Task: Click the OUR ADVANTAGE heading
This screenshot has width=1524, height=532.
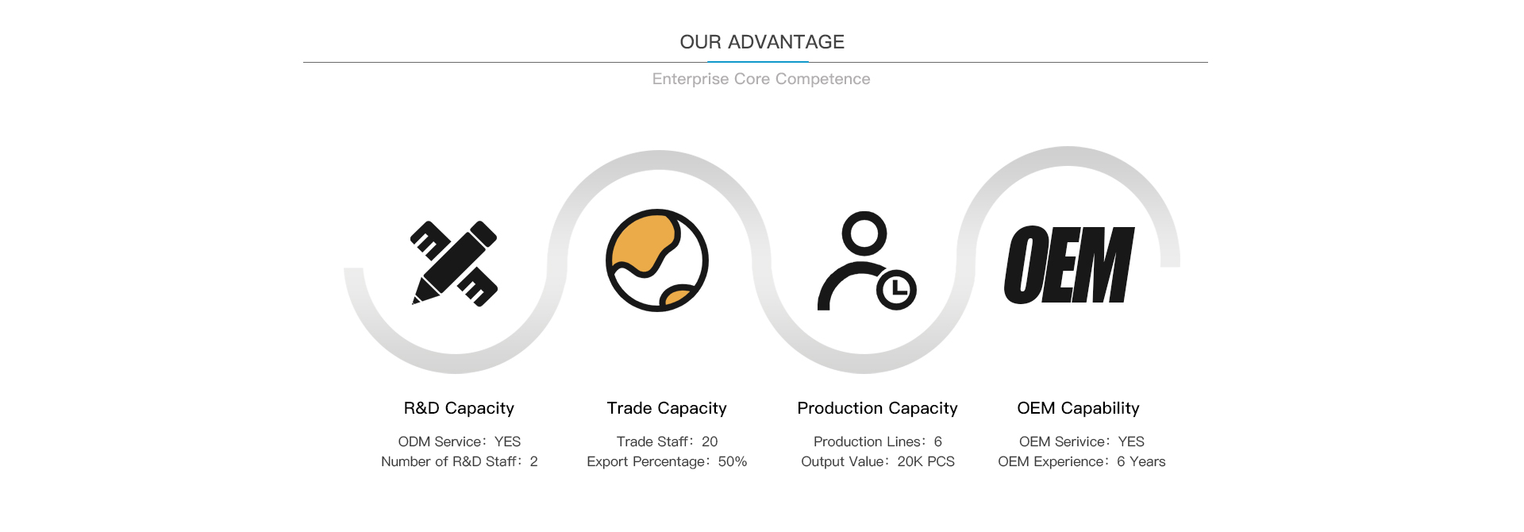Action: point(762,42)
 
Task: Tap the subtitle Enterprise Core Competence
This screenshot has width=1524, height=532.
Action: point(761,79)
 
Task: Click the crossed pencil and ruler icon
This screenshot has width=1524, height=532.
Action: point(454,264)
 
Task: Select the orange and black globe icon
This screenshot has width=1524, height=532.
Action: point(657,260)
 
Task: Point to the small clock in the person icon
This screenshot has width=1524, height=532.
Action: point(897,289)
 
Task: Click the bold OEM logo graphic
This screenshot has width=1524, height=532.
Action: point(1069,264)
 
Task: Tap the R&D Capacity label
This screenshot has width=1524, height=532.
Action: point(459,408)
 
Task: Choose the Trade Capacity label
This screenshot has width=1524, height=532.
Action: point(667,408)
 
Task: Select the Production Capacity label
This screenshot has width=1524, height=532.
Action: point(877,408)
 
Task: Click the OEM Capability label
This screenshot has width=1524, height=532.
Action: point(1078,408)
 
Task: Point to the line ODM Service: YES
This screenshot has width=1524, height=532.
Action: point(460,441)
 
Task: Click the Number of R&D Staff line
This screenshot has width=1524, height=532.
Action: point(460,461)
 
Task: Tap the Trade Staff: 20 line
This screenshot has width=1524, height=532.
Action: point(667,441)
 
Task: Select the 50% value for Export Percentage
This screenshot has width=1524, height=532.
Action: point(733,461)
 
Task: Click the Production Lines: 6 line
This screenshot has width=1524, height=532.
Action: point(878,441)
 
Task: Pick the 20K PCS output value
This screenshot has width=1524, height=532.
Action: point(926,461)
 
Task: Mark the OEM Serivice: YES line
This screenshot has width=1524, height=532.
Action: point(1082,441)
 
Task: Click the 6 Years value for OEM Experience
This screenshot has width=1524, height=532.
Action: point(1141,461)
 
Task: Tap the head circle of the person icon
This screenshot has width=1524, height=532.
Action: point(864,233)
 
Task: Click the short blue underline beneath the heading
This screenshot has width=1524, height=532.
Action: point(758,62)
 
